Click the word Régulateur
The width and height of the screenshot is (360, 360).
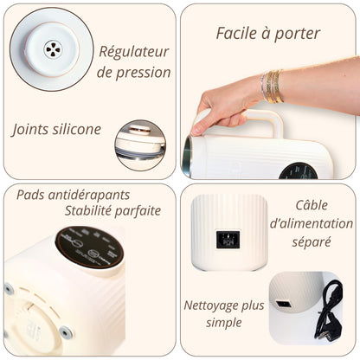[134, 52]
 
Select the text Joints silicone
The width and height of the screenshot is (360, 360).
[56, 130]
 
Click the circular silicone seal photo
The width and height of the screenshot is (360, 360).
[140, 145]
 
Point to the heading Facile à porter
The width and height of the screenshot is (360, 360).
[267, 34]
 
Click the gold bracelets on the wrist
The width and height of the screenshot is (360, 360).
[272, 86]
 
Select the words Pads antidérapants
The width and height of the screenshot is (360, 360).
[72, 194]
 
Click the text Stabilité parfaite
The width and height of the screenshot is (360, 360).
[112, 210]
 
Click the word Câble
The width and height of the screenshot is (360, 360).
[312, 205]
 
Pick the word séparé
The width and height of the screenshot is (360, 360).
[312, 242]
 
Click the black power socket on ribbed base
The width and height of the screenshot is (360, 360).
[228, 240]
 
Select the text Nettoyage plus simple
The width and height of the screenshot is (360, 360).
[224, 314]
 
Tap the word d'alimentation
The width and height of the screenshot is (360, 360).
[312, 223]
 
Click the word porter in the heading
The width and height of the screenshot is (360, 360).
[296, 34]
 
